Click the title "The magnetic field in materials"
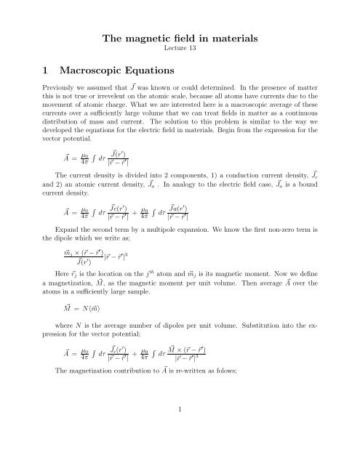pos(180,25)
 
